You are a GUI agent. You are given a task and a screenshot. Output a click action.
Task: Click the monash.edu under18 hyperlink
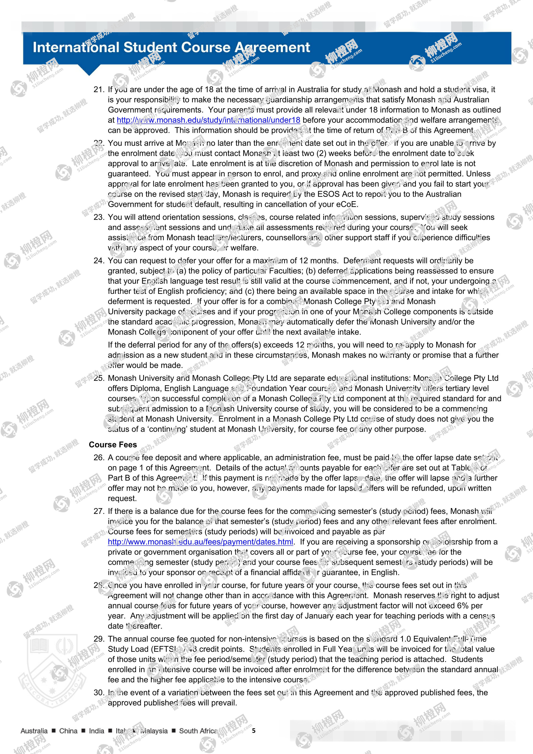click(208, 120)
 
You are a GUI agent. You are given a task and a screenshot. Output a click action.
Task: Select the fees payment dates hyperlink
click(200, 542)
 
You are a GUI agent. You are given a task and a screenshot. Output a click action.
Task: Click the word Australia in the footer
click(34, 731)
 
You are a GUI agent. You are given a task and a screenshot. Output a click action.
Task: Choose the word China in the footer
click(68, 731)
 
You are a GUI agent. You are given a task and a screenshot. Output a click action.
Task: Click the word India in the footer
click(96, 731)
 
